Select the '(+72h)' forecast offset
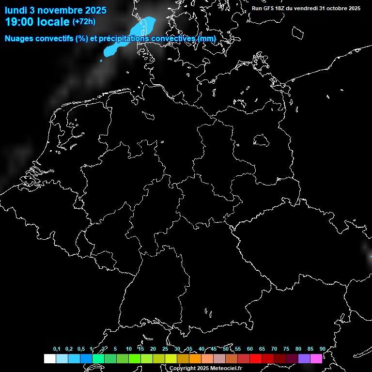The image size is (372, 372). tap(84, 22)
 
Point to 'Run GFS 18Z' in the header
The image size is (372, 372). tap(269, 8)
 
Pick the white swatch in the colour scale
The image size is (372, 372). tap(49, 358)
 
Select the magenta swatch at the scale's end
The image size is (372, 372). tap(316, 358)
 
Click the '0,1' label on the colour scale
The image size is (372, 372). tap(57, 349)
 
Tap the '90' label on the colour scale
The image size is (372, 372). tap(322, 349)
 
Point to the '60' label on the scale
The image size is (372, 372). tap(249, 349)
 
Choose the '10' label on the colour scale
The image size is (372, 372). tap(128, 349)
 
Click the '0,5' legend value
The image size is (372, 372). tap(81, 349)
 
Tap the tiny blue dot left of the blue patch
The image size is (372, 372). tap(101, 61)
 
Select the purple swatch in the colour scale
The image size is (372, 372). tap(304, 358)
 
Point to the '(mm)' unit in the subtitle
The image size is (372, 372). tap(206, 39)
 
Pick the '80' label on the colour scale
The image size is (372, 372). tap(298, 349)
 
